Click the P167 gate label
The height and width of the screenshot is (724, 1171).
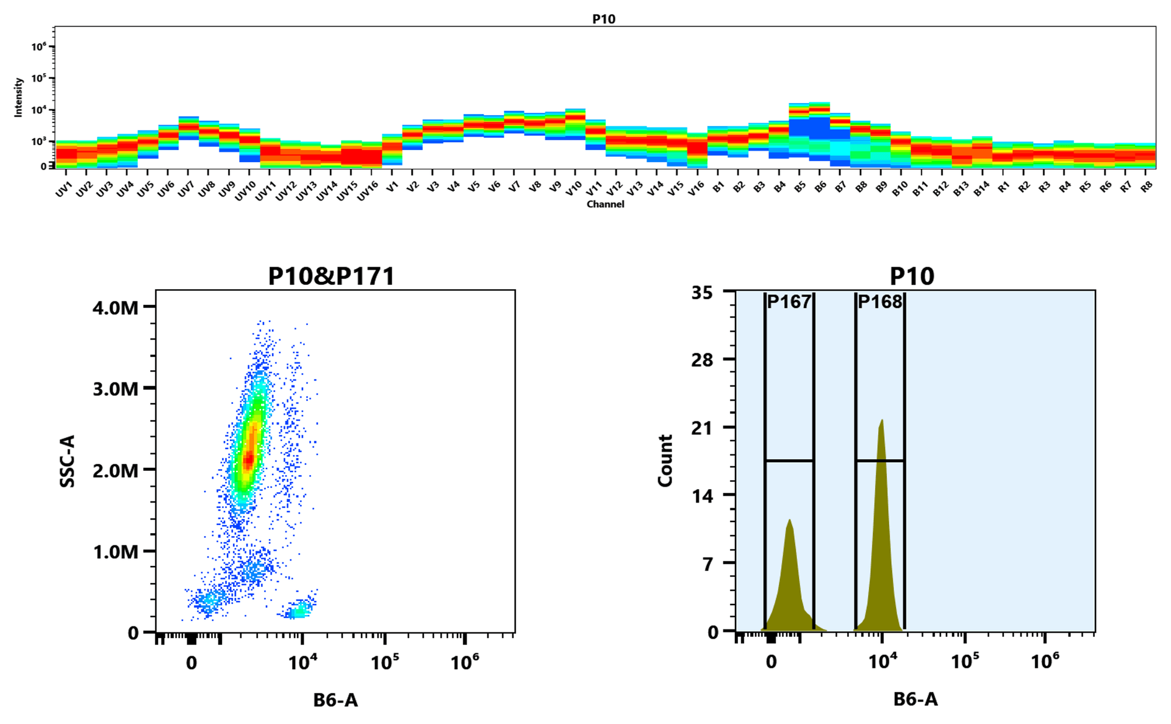pos(789,302)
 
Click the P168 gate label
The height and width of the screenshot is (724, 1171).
pos(879,302)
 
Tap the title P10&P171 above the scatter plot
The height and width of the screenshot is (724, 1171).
pos(331,276)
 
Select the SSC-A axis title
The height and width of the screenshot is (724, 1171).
pos(67,461)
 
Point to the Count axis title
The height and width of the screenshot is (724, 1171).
pos(665,461)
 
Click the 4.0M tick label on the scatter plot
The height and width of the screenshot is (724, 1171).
pos(115,308)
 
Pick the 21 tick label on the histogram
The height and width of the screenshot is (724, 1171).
pos(702,428)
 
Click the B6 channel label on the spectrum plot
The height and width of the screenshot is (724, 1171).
pos(820,187)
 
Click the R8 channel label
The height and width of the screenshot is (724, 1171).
pos(1146,187)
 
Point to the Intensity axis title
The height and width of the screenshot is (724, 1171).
pos(18,97)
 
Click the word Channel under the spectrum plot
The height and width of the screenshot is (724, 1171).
pos(605,204)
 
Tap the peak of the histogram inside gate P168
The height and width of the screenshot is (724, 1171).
pos(881,421)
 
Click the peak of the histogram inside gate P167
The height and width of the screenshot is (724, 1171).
pos(790,521)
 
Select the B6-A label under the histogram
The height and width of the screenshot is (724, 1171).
pos(915,700)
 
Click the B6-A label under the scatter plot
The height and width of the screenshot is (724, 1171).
pos(335,700)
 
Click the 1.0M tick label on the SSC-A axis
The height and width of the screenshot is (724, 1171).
pos(115,552)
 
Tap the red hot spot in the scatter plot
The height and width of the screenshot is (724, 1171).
pos(248,459)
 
